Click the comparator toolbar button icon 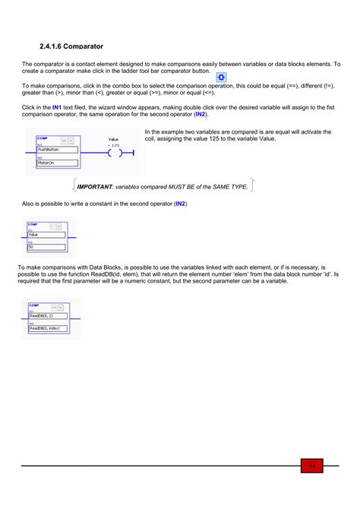click(x=221, y=78)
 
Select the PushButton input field click(x=57, y=150)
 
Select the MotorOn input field click(x=57, y=163)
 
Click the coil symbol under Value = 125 click(x=114, y=153)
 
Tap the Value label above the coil click(x=113, y=140)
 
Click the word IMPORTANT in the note click(x=95, y=186)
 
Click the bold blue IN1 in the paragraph click(x=57, y=108)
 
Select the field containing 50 click(x=45, y=247)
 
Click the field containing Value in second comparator click(x=45, y=235)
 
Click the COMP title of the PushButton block click(x=42, y=138)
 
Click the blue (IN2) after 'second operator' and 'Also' click(x=180, y=204)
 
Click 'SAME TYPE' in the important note click(x=227, y=186)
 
